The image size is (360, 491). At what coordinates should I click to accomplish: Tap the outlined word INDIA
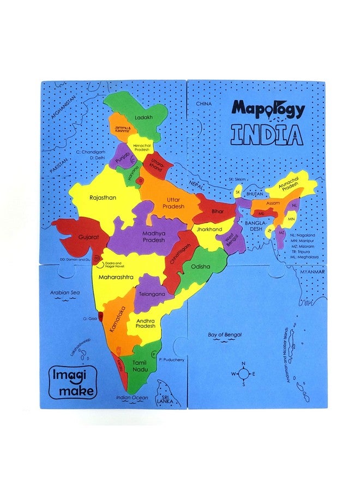(266, 134)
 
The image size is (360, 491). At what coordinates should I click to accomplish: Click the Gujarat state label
(87, 238)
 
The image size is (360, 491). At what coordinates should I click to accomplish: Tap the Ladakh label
(144, 117)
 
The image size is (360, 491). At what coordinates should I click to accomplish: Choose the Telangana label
(152, 294)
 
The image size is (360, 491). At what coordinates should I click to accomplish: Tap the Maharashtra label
(116, 277)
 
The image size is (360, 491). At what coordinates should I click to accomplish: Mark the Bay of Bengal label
(225, 334)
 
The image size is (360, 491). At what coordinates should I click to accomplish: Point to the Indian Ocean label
(132, 397)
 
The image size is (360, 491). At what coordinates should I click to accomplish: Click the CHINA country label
(204, 103)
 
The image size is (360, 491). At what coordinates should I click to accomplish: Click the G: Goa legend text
(91, 318)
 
